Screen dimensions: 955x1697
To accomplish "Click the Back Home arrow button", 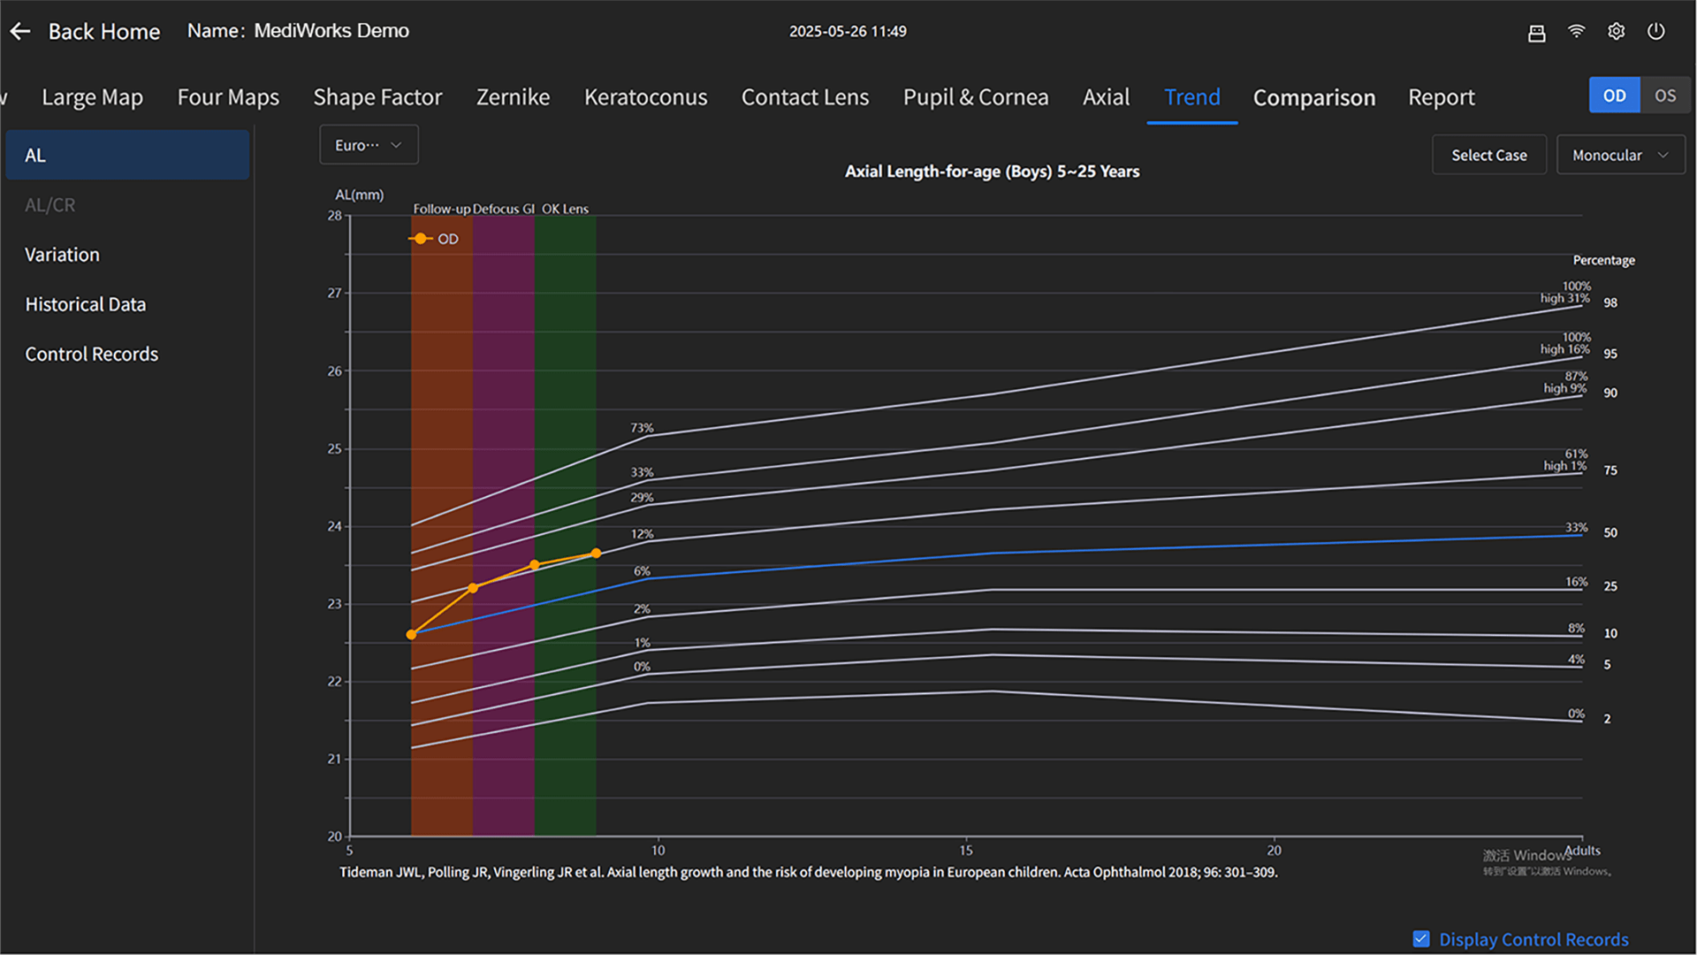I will click(20, 32).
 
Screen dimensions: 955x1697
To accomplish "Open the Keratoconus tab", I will click(645, 97).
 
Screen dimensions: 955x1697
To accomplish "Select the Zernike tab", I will click(513, 97).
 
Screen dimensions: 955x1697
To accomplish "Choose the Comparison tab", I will click(1313, 97).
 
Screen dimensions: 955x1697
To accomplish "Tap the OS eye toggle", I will click(1665, 95).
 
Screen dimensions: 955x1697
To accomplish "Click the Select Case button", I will click(1488, 155).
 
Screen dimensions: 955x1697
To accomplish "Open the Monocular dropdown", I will click(1620, 155).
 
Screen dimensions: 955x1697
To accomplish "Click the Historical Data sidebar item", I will click(86, 304).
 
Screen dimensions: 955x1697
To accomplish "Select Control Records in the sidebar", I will click(92, 354).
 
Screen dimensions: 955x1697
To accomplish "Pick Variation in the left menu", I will click(62, 255).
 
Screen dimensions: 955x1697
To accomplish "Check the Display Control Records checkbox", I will click(1421, 939).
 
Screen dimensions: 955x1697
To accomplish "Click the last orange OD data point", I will click(596, 554).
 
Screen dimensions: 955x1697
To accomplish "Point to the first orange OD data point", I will click(411, 634).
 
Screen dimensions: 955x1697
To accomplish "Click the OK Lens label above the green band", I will click(565, 209).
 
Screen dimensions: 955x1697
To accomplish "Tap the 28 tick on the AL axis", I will click(334, 216).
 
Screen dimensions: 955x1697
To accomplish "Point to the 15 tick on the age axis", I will click(966, 850).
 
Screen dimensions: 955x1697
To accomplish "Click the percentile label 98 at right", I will click(1610, 302).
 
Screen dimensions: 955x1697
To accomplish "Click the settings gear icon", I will click(1616, 32).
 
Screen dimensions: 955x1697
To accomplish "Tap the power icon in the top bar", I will click(1655, 32).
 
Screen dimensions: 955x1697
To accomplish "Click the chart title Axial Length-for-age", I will click(992, 172).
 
